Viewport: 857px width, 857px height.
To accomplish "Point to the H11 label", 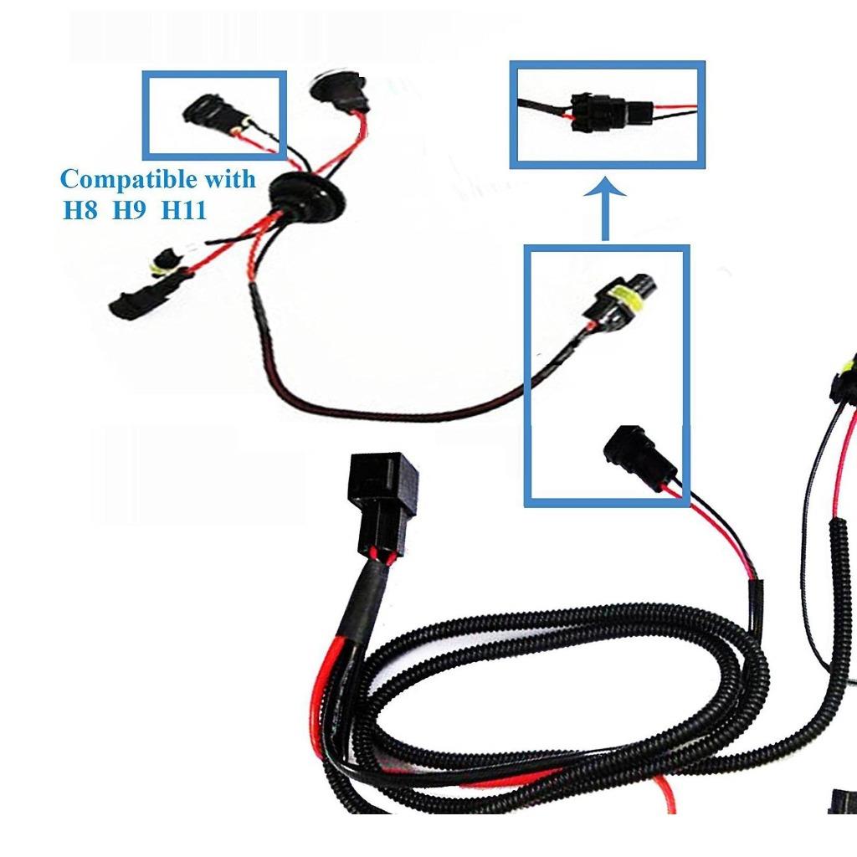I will coord(184,209).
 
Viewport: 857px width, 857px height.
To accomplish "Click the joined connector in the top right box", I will coord(597,113).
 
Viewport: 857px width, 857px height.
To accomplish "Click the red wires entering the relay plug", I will coord(381,557).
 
